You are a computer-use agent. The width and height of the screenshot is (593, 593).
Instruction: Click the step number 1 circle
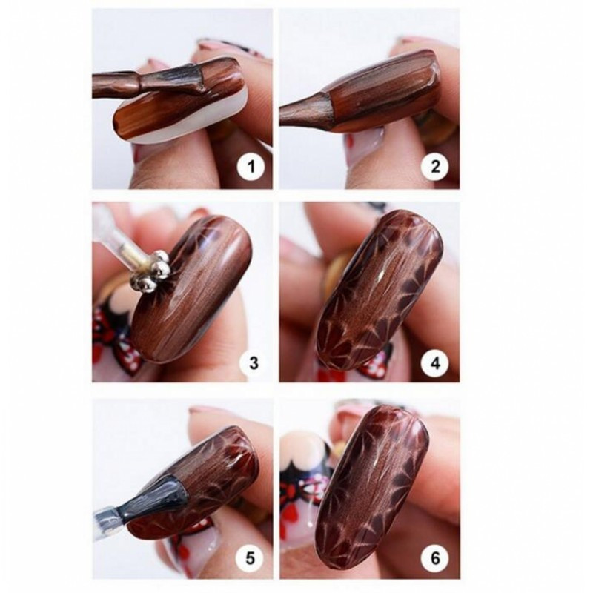253,167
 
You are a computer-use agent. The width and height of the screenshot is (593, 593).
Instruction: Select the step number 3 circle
253,362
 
